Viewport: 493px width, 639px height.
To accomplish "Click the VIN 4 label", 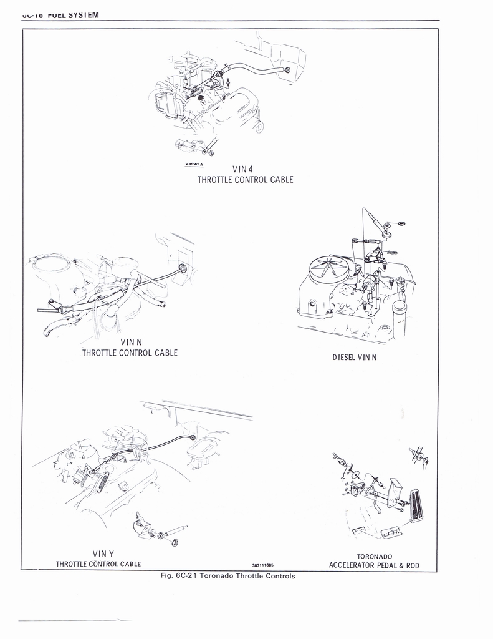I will pos(242,168).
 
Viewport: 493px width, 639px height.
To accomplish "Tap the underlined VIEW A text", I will pos(194,165).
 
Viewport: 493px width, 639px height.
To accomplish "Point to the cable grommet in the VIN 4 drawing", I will pos(287,70).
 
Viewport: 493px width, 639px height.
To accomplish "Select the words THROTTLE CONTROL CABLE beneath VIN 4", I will pos(245,180).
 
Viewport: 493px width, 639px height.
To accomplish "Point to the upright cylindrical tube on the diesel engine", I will pos(399,318).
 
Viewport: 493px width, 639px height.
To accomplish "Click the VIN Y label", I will pos(103,554).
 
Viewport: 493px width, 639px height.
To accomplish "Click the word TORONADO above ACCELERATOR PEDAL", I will pos(374,556).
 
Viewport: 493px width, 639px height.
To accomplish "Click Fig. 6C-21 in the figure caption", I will pos(179,576).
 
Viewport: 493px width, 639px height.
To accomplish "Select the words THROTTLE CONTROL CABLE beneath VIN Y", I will pos(98,564).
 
